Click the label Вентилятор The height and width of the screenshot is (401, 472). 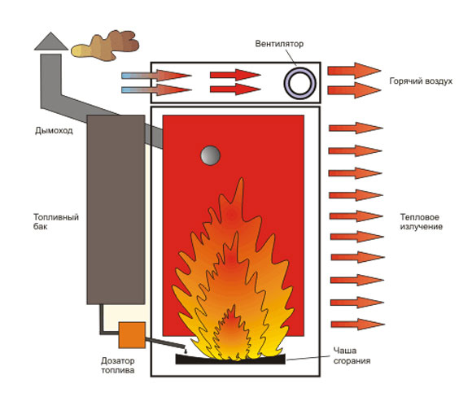click(279, 44)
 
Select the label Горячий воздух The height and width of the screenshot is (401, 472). click(421, 81)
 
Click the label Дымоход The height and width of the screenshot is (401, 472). click(54, 131)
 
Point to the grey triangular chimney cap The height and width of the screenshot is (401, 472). click(51, 42)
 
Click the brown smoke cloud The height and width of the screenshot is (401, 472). click(105, 46)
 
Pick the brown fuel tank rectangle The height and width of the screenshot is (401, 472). click(116, 209)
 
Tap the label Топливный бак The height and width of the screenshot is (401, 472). click(55, 221)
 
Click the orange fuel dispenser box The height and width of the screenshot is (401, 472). click(132, 335)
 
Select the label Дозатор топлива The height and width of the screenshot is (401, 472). click(118, 365)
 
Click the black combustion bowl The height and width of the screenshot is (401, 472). click(230, 360)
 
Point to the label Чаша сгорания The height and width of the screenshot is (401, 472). click(352, 355)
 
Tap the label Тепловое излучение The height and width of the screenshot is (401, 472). click(421, 221)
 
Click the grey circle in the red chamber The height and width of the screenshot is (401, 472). click(211, 155)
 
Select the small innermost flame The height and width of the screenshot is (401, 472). click(230, 333)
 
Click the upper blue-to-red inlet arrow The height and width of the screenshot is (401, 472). click(156, 75)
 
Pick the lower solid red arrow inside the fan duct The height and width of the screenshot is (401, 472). click(235, 89)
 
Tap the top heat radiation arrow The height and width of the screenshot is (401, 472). click(356, 129)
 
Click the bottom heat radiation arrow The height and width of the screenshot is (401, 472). click(357, 325)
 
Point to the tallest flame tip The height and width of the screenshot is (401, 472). click(241, 178)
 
